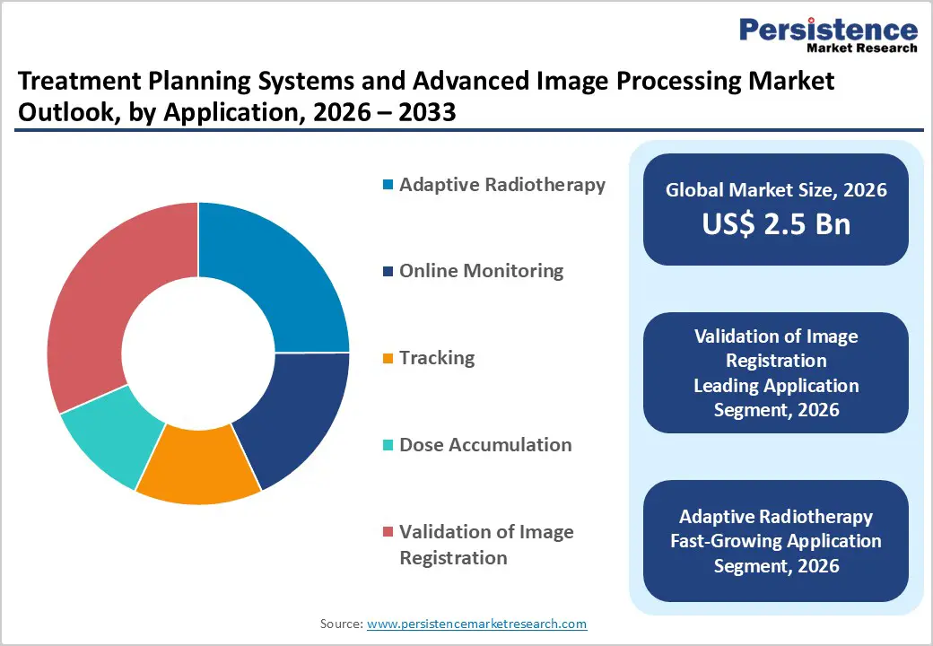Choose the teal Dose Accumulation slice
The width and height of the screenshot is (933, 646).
(x=108, y=440)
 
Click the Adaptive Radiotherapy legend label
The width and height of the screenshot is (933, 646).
(x=502, y=185)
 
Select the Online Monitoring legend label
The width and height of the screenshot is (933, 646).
(x=481, y=271)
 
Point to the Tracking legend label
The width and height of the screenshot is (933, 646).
(x=437, y=358)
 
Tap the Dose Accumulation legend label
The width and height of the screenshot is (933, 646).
(x=485, y=445)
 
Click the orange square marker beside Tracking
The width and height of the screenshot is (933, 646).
(x=388, y=359)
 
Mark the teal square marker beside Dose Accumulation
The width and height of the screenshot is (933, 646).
(x=388, y=446)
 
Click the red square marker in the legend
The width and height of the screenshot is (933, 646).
(x=388, y=533)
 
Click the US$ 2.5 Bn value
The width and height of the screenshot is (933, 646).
(x=776, y=223)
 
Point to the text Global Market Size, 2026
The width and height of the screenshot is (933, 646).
(x=776, y=190)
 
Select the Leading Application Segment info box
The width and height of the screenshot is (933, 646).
(x=776, y=372)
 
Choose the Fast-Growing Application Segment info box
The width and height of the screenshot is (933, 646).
(x=776, y=541)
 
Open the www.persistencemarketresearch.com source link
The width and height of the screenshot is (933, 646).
(x=476, y=623)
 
